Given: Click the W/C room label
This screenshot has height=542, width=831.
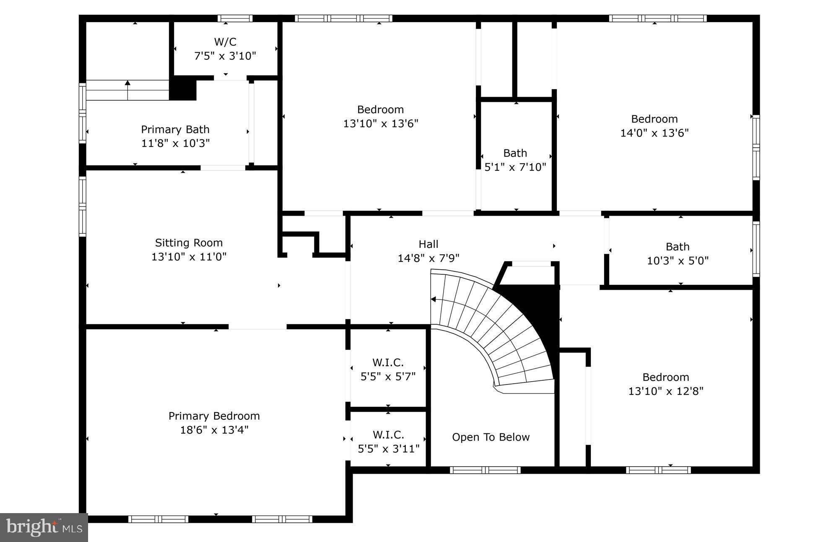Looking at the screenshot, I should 225,42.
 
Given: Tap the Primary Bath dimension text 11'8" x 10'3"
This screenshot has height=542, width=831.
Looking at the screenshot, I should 175,143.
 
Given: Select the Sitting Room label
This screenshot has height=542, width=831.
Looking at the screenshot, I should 189,243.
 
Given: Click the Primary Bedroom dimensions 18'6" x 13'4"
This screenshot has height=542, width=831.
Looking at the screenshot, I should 214,430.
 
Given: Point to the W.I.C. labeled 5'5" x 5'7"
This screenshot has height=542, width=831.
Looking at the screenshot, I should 388,369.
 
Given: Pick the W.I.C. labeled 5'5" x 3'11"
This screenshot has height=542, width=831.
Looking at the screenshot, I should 388,441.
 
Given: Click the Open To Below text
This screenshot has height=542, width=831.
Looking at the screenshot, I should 491,437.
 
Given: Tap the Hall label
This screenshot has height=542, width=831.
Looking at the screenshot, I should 428,244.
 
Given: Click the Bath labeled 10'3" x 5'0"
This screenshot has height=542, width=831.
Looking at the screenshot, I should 677,253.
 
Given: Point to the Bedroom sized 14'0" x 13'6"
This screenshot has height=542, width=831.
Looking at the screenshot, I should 654,126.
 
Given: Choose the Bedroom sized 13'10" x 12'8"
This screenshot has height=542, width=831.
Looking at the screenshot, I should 665,384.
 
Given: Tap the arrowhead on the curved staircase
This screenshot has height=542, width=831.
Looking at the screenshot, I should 434,299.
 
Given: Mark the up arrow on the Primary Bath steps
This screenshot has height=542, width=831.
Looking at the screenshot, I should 127,83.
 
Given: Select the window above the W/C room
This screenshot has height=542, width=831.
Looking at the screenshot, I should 235,18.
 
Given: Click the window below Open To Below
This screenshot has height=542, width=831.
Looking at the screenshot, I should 485,470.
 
